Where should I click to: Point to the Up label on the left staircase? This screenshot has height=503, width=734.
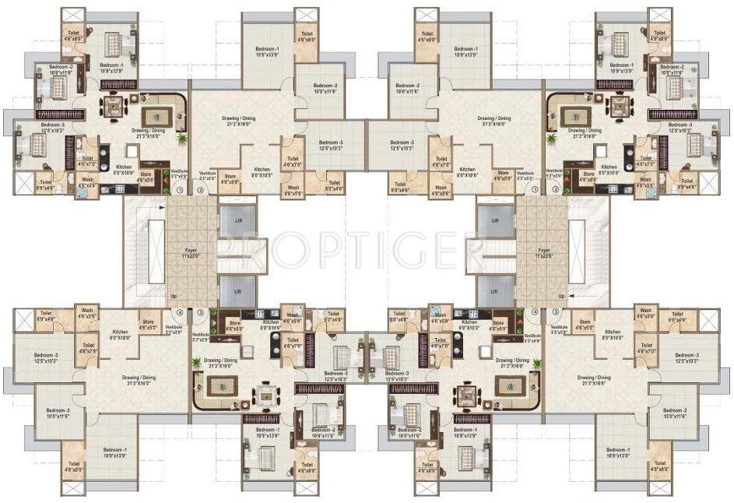point(173,297)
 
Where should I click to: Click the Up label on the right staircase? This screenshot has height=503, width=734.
point(560,297)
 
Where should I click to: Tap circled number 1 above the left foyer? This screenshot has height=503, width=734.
point(181,190)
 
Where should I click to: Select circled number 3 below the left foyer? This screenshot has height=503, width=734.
point(200,313)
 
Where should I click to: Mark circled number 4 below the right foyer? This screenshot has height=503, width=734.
point(535,313)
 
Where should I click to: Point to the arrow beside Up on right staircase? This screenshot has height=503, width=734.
point(577,297)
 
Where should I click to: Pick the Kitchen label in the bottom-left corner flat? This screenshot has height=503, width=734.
point(118,334)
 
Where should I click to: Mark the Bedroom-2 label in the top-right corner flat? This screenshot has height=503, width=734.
point(672,69)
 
